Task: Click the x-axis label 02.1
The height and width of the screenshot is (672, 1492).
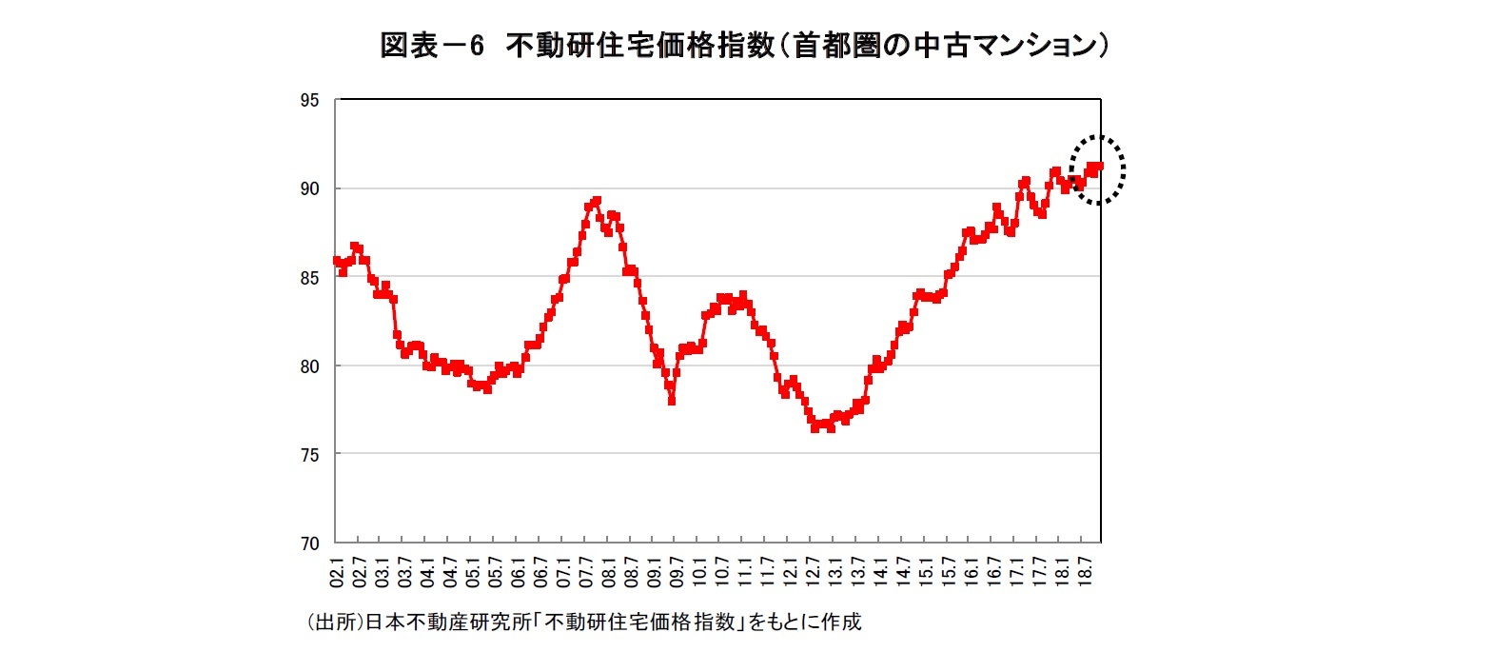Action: coord(337,575)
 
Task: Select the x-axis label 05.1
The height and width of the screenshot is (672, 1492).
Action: coord(473,575)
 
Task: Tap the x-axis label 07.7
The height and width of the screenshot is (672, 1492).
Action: coord(586,575)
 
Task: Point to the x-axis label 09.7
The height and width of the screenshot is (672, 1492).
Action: coord(677,575)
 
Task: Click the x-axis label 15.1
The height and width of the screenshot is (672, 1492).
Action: coord(925,575)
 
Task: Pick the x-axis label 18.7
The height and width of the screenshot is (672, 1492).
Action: coord(1084,575)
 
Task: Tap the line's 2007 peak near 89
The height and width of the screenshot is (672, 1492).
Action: coord(596,201)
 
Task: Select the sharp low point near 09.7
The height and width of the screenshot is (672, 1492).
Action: coord(672,401)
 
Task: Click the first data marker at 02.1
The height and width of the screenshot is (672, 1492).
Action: coord(337,260)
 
